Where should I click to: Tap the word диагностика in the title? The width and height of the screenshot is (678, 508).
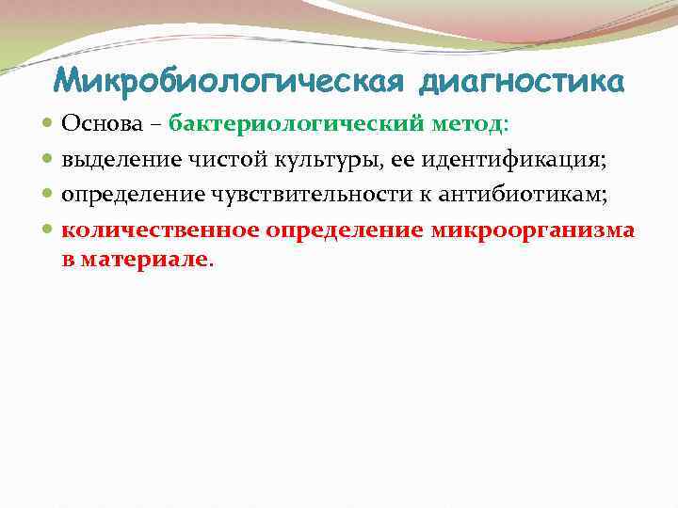(x=519, y=83)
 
